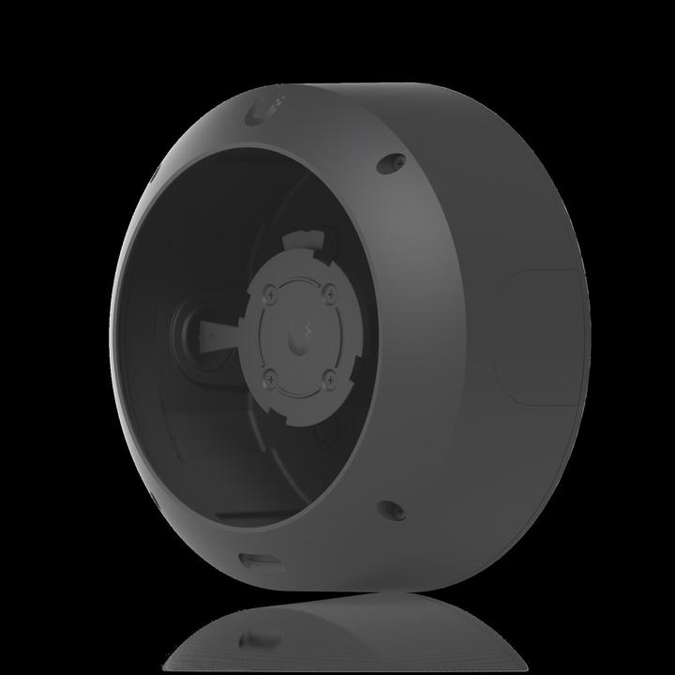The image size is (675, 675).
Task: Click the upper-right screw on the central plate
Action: pyautogui.click(x=330, y=290)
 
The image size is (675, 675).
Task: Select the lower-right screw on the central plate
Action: pyautogui.click(x=330, y=380)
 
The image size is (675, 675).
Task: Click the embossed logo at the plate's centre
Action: pyautogui.click(x=301, y=336)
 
